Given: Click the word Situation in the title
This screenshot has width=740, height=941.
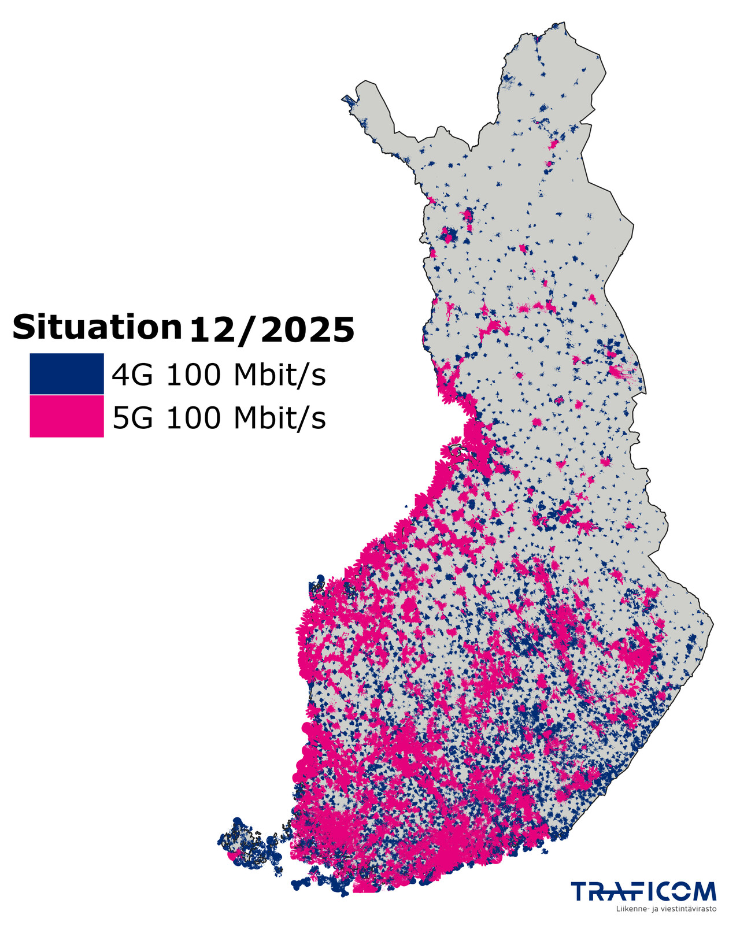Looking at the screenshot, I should pos(97,327).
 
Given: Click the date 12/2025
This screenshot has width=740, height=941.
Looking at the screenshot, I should pos(271,329).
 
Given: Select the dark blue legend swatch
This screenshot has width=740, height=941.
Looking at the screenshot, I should pos(66,374).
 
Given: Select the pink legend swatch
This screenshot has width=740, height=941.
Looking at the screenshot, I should pos(66,416).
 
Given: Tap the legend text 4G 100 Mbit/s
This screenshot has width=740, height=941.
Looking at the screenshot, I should pos(219,375).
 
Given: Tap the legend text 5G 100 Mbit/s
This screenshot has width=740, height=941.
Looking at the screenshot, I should pos(219,417).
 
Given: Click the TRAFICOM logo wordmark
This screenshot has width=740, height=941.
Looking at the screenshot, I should pos(643,891).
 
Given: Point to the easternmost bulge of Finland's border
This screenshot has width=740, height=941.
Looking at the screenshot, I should pos(711,624).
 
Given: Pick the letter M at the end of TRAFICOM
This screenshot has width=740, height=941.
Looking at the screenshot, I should pos(704,891).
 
